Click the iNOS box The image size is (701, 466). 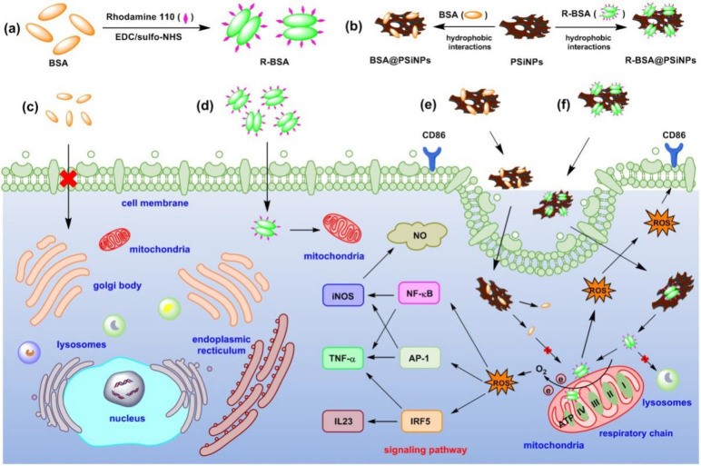click(343, 295)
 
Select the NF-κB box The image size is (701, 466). click(419, 293)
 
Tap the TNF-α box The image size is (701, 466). click(343, 358)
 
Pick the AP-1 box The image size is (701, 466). click(419, 357)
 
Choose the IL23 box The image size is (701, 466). click(343, 421)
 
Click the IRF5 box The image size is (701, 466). click(420, 421)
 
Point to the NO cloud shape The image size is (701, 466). click(419, 235)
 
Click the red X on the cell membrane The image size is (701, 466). click(68, 177)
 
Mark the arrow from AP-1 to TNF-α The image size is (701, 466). click(381, 358)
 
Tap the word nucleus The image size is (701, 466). click(127, 419)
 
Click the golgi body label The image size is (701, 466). click(117, 285)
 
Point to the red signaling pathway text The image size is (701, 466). click(426, 450)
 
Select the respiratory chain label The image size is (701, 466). click(636, 433)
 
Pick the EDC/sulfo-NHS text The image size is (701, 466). click(148, 36)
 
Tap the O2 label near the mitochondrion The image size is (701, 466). click(541, 370)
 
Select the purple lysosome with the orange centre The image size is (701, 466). click(29, 352)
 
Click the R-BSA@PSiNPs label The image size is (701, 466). click(660, 60)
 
